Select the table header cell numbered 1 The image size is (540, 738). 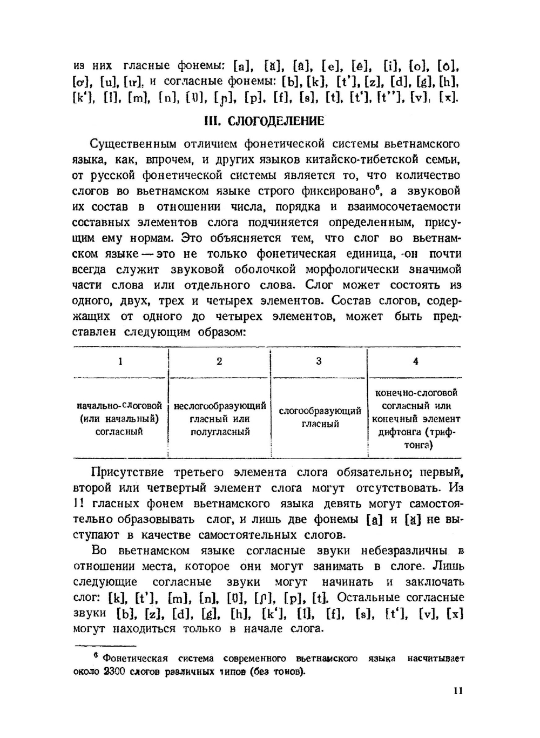[120, 361]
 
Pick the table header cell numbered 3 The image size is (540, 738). [319, 361]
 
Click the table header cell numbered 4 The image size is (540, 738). [415, 361]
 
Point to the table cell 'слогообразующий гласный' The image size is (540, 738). [320, 418]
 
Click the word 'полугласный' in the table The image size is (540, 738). [220, 432]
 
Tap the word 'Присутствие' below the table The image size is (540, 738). [127, 472]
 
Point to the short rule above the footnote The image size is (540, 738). [104, 646]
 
